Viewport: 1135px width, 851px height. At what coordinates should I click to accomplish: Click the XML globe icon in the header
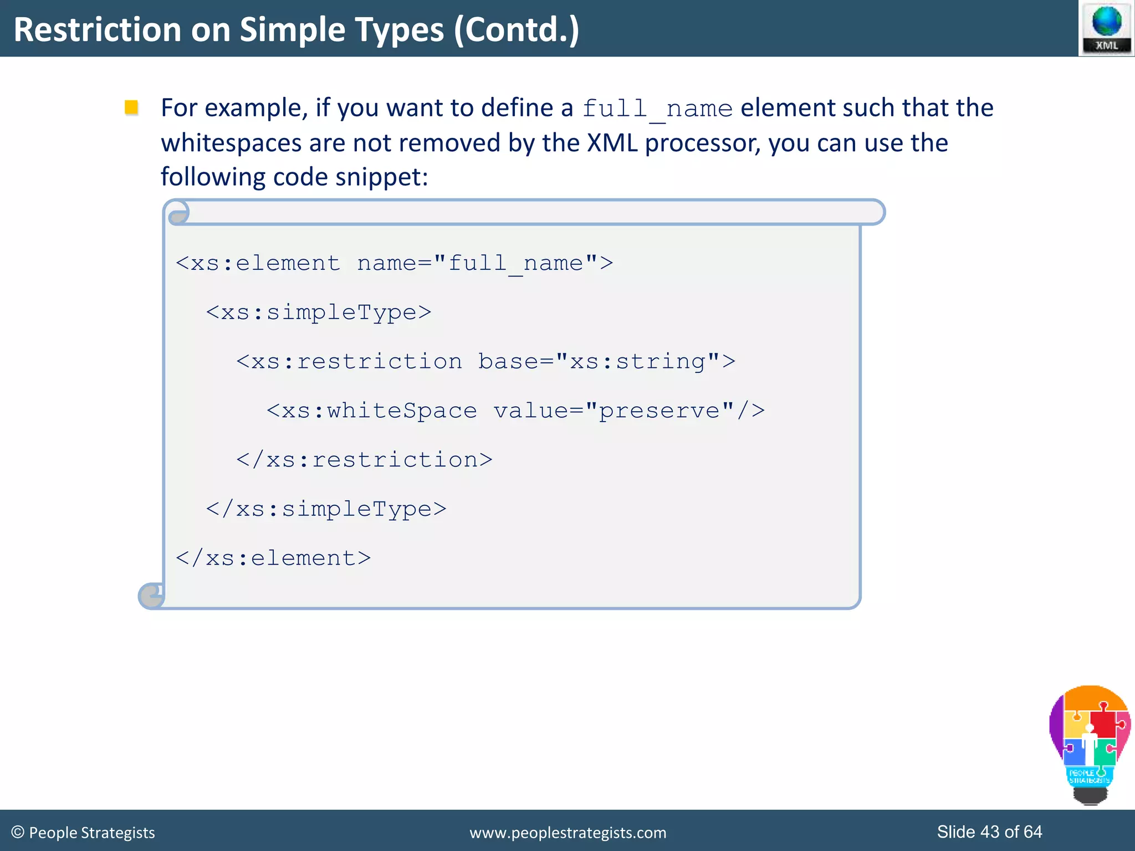[x=1106, y=28]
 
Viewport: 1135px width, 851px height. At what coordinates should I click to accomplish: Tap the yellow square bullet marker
[x=131, y=107]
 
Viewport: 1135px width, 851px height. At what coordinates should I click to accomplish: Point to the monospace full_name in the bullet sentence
[x=657, y=109]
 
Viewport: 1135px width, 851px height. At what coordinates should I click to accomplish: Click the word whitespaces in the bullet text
[x=231, y=143]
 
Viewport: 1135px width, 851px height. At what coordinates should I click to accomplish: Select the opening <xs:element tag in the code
[x=258, y=263]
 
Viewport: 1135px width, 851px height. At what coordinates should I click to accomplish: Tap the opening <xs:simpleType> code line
[x=319, y=312]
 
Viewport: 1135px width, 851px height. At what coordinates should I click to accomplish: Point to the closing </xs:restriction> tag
[x=364, y=460]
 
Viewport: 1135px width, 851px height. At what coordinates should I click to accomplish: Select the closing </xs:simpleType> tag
[x=326, y=509]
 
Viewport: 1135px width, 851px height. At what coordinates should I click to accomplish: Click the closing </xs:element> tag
[x=273, y=558]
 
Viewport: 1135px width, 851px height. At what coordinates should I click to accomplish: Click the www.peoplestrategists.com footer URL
[x=567, y=833]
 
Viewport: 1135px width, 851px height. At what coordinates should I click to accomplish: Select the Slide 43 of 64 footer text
[x=989, y=832]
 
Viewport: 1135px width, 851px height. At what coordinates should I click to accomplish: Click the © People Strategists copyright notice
[x=83, y=833]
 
